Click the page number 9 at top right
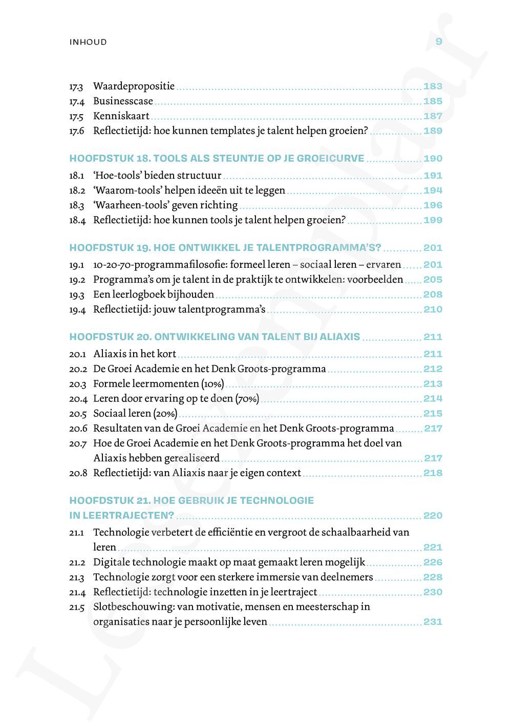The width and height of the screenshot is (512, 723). (x=438, y=41)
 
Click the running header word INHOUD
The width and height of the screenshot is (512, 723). (x=88, y=42)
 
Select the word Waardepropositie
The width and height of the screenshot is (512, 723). (x=134, y=86)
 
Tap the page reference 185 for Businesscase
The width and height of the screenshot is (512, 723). (x=433, y=101)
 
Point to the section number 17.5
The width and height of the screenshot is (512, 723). (x=76, y=116)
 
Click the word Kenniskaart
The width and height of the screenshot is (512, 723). (x=121, y=116)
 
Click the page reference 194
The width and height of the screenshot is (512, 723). (x=433, y=190)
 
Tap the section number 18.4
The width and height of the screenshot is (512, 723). (x=77, y=220)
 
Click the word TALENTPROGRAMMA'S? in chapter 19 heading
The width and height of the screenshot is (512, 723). (x=318, y=248)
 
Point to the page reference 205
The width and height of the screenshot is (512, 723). (x=433, y=280)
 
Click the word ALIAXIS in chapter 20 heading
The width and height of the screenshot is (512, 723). (x=340, y=337)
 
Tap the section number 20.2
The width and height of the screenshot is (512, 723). (x=77, y=369)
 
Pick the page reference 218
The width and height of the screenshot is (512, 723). (x=433, y=473)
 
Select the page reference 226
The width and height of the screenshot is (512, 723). (x=433, y=562)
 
